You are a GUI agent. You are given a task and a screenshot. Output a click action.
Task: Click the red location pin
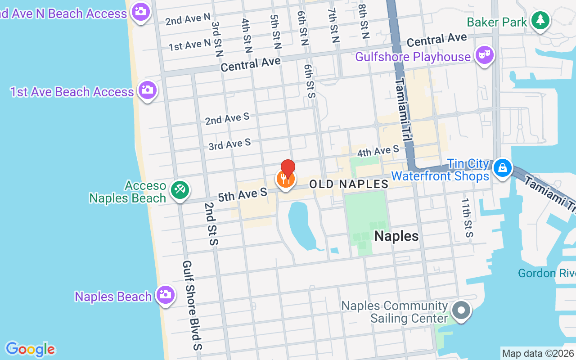(x=288, y=168)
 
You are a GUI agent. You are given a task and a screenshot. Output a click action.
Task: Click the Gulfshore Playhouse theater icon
(x=484, y=56)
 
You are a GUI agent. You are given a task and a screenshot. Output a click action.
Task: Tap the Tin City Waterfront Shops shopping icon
(x=502, y=168)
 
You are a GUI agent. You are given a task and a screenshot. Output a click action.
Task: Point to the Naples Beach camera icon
(x=165, y=295)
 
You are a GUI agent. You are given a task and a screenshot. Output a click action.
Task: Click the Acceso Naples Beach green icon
(x=180, y=190)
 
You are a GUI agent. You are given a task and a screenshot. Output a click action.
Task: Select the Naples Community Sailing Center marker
(x=461, y=310)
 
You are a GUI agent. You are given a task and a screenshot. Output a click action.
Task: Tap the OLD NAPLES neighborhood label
(x=349, y=184)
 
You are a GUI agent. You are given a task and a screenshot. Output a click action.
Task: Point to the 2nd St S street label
(x=211, y=224)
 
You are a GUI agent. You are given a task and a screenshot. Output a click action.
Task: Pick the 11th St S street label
(x=466, y=216)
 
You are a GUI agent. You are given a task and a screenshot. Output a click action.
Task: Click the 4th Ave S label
(x=378, y=151)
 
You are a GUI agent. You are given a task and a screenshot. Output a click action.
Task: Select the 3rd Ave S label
(x=229, y=144)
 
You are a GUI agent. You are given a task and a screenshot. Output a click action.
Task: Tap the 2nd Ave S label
(x=227, y=118)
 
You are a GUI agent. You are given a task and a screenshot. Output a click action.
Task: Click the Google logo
(x=30, y=349)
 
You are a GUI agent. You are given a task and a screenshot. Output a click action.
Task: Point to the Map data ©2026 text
(x=538, y=353)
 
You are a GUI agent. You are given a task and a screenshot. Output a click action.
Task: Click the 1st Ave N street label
(x=189, y=45)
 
